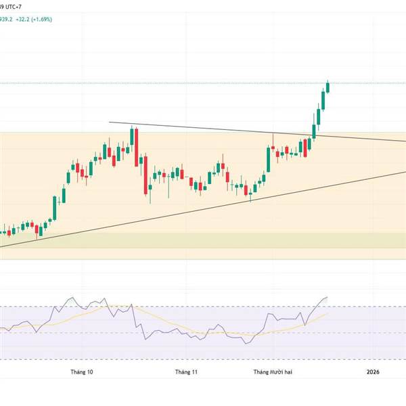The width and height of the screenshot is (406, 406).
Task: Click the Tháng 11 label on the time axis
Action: pos(185,371)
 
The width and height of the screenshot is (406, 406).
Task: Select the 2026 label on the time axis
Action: pos(374,371)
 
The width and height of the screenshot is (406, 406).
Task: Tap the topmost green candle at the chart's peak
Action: pos(328,87)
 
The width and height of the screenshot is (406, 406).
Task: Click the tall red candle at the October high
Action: pos(137,143)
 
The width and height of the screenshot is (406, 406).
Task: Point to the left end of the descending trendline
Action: pos(110,122)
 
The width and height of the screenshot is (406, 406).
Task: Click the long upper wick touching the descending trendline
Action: pos(273,138)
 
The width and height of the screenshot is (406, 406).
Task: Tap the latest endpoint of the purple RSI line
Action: pos(328,297)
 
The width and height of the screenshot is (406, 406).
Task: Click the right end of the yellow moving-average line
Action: pos(328,313)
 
